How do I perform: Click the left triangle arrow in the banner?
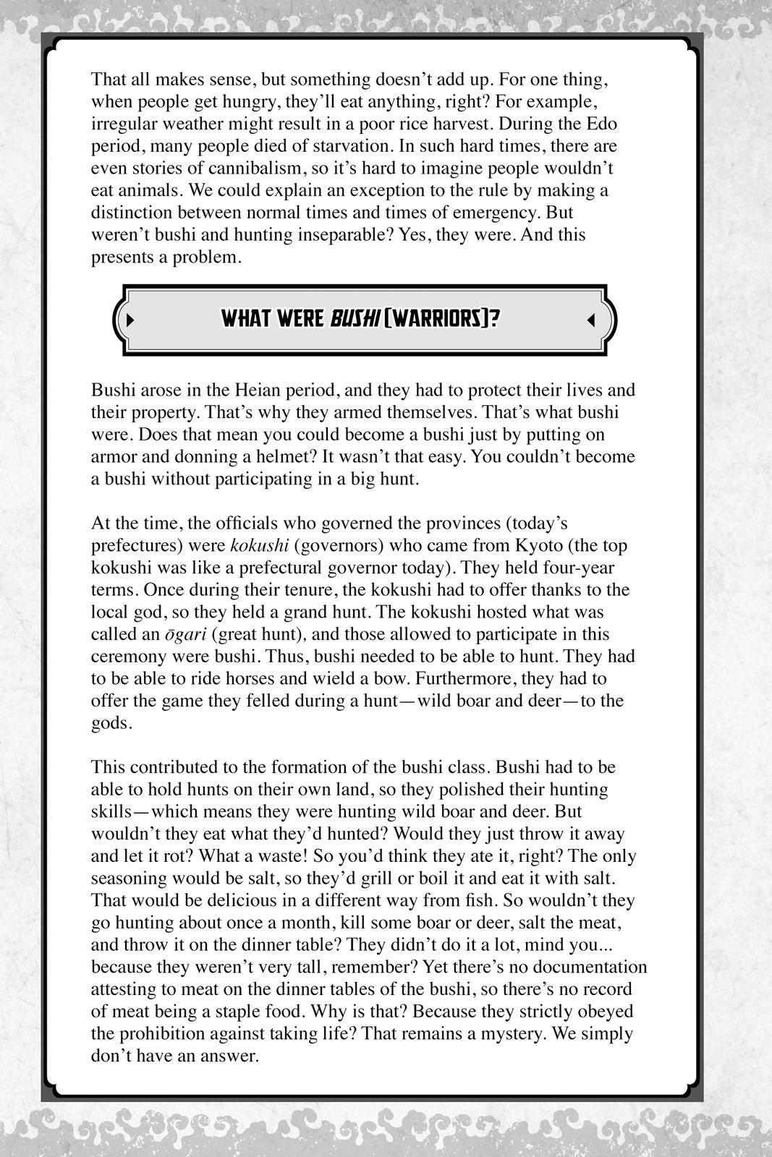coord(131,319)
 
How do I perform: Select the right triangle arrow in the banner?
coord(590,319)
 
